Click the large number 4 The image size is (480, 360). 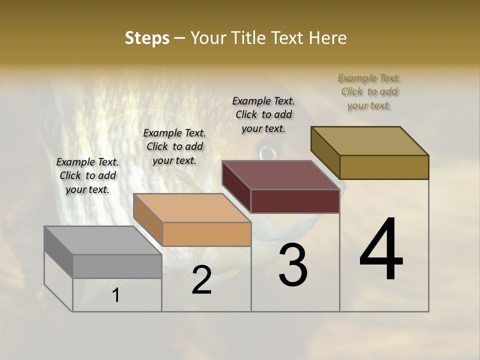pyautogui.click(x=381, y=249)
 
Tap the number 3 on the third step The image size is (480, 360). pyautogui.click(x=293, y=265)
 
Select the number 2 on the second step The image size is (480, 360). pyautogui.click(x=202, y=280)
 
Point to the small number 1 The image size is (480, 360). pyautogui.click(x=116, y=295)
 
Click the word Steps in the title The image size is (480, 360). pyautogui.click(x=146, y=38)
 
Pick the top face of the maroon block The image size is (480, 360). pyautogui.click(x=280, y=175)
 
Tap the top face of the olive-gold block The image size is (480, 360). pyautogui.click(x=369, y=140)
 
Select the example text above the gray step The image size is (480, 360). pyautogui.click(x=87, y=175)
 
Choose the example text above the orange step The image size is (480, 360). pyautogui.click(x=174, y=146)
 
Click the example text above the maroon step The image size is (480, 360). pyautogui.click(x=263, y=114)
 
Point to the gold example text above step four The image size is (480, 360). pyautogui.click(x=369, y=91)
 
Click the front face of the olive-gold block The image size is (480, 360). pyautogui.click(x=384, y=167)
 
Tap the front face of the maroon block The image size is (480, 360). pyautogui.click(x=295, y=201)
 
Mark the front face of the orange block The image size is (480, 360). pyautogui.click(x=206, y=234)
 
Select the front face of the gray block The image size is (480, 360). pyautogui.click(x=117, y=266)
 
